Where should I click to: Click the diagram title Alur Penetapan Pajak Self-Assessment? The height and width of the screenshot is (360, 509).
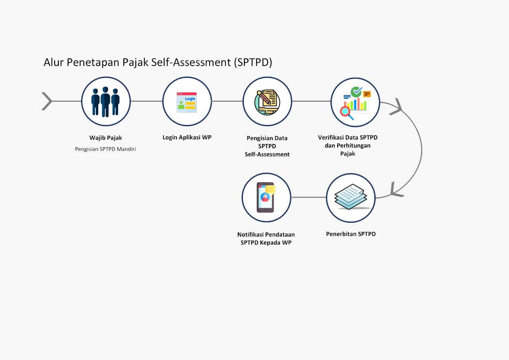(157, 62)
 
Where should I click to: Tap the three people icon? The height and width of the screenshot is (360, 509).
(106, 101)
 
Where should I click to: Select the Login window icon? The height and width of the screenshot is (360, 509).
(187, 102)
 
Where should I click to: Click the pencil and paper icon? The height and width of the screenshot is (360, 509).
(267, 102)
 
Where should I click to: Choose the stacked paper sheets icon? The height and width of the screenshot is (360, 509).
(351, 197)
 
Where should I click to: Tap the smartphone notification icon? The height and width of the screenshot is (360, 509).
(266, 197)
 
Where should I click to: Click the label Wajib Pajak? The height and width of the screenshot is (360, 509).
(106, 138)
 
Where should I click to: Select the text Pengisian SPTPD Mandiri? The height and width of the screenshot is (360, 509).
(106, 150)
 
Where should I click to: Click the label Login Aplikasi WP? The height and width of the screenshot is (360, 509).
(187, 137)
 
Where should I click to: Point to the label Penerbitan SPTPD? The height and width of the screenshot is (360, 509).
(351, 234)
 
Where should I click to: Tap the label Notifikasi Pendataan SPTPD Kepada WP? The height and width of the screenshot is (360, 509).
(266, 238)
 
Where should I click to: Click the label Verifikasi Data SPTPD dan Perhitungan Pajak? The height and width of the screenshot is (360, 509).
(348, 145)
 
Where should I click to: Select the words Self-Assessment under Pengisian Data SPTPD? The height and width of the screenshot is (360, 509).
(267, 154)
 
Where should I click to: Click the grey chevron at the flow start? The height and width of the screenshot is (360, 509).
(47, 101)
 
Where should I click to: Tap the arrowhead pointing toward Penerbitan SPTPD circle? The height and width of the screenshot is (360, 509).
(396, 190)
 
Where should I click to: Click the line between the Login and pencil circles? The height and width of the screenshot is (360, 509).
(227, 101)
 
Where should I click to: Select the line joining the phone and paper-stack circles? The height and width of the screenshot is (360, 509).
(309, 197)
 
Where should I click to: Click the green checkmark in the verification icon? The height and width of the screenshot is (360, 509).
(357, 92)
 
